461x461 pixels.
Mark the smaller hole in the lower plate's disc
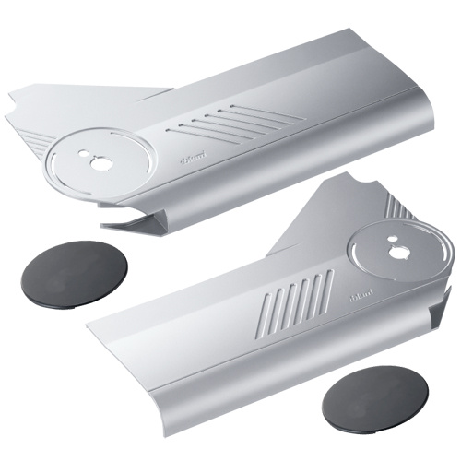[392, 249]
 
